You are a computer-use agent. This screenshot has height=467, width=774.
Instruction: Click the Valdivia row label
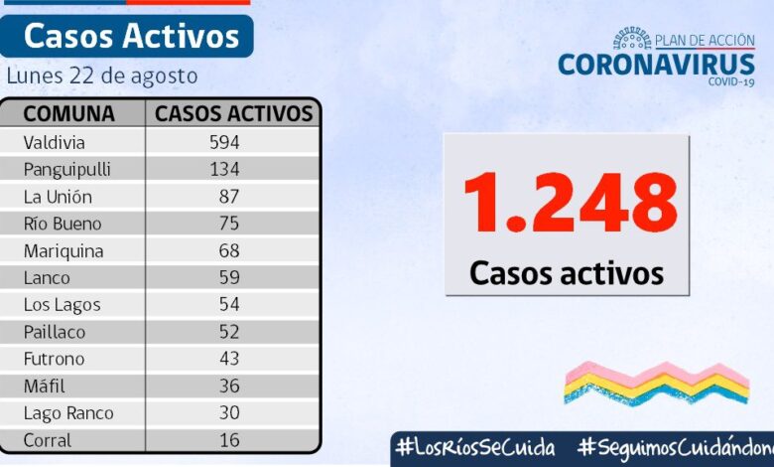coord(55,142)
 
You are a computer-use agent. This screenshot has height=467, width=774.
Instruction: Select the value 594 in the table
coord(224,142)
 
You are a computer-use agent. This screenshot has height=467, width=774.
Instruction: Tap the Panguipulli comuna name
coord(67,169)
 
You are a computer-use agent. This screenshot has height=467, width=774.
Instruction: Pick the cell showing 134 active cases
coord(224,169)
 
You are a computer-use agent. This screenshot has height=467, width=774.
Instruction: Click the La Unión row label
coord(59,197)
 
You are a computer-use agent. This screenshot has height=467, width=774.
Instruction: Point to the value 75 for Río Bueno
coord(229,224)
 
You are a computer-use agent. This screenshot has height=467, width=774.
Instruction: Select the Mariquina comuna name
coord(64,250)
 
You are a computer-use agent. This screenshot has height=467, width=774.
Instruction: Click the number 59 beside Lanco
coord(229,277)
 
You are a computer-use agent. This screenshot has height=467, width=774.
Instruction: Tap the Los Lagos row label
coord(63,305)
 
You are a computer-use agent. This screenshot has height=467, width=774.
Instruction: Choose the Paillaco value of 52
coord(229,332)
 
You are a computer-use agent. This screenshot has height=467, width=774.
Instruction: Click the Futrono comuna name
coord(55,359)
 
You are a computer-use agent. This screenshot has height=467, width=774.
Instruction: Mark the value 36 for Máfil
coord(229,386)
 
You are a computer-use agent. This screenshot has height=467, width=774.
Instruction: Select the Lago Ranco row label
coord(68,412)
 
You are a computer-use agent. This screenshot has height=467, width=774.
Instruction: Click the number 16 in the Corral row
coord(229,439)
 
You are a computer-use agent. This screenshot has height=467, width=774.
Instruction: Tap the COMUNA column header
coord(68,113)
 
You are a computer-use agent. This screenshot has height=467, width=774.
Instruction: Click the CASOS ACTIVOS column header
coord(234,113)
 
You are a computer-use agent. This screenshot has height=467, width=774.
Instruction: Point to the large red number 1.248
coord(570,204)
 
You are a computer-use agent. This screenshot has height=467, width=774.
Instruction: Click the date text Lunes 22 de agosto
coord(102,76)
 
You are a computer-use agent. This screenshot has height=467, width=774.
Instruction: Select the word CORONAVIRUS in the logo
coord(656,64)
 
